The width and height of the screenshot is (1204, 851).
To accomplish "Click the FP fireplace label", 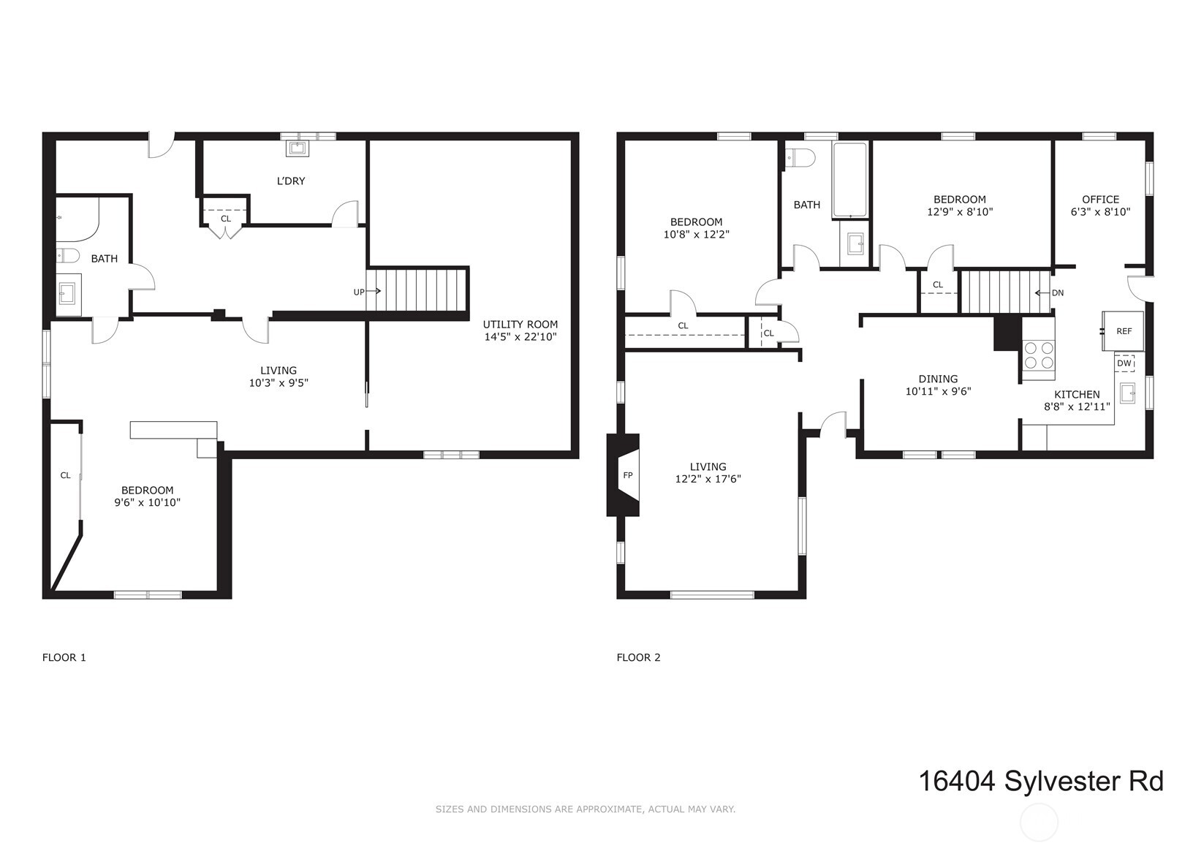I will pyautogui.click(x=627, y=475).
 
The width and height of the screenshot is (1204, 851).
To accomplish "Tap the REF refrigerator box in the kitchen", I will pyautogui.click(x=1124, y=331).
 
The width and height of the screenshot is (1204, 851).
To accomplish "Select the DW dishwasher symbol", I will pyautogui.click(x=1124, y=363).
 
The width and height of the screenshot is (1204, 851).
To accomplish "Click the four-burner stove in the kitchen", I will pyautogui.click(x=1039, y=356).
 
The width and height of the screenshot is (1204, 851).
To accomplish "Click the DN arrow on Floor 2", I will pyautogui.click(x=1048, y=293).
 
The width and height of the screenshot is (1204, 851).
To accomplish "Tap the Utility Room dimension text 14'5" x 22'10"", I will pyautogui.click(x=520, y=337).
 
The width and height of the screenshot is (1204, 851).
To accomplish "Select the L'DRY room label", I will pyautogui.click(x=291, y=181).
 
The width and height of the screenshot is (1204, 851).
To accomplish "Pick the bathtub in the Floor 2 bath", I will pyautogui.click(x=849, y=180).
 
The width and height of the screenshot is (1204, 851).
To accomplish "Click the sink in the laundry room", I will pyautogui.click(x=297, y=148).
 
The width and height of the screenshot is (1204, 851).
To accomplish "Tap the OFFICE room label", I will pyautogui.click(x=1100, y=200).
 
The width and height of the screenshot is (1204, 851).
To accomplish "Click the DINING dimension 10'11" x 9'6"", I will pyautogui.click(x=938, y=391).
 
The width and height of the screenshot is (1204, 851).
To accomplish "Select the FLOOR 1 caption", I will pyautogui.click(x=64, y=657).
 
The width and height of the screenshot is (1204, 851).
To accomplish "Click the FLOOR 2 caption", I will pyautogui.click(x=638, y=657).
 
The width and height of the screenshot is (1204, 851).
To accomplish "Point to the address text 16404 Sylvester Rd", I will pyautogui.click(x=1040, y=781).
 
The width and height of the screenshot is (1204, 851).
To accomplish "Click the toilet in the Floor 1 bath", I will pyautogui.click(x=67, y=255).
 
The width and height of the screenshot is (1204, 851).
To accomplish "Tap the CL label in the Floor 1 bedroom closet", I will pyautogui.click(x=65, y=475).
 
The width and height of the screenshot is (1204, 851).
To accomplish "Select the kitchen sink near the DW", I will pyautogui.click(x=1128, y=393).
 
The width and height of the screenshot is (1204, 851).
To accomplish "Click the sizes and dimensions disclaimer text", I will pyautogui.click(x=585, y=809).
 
